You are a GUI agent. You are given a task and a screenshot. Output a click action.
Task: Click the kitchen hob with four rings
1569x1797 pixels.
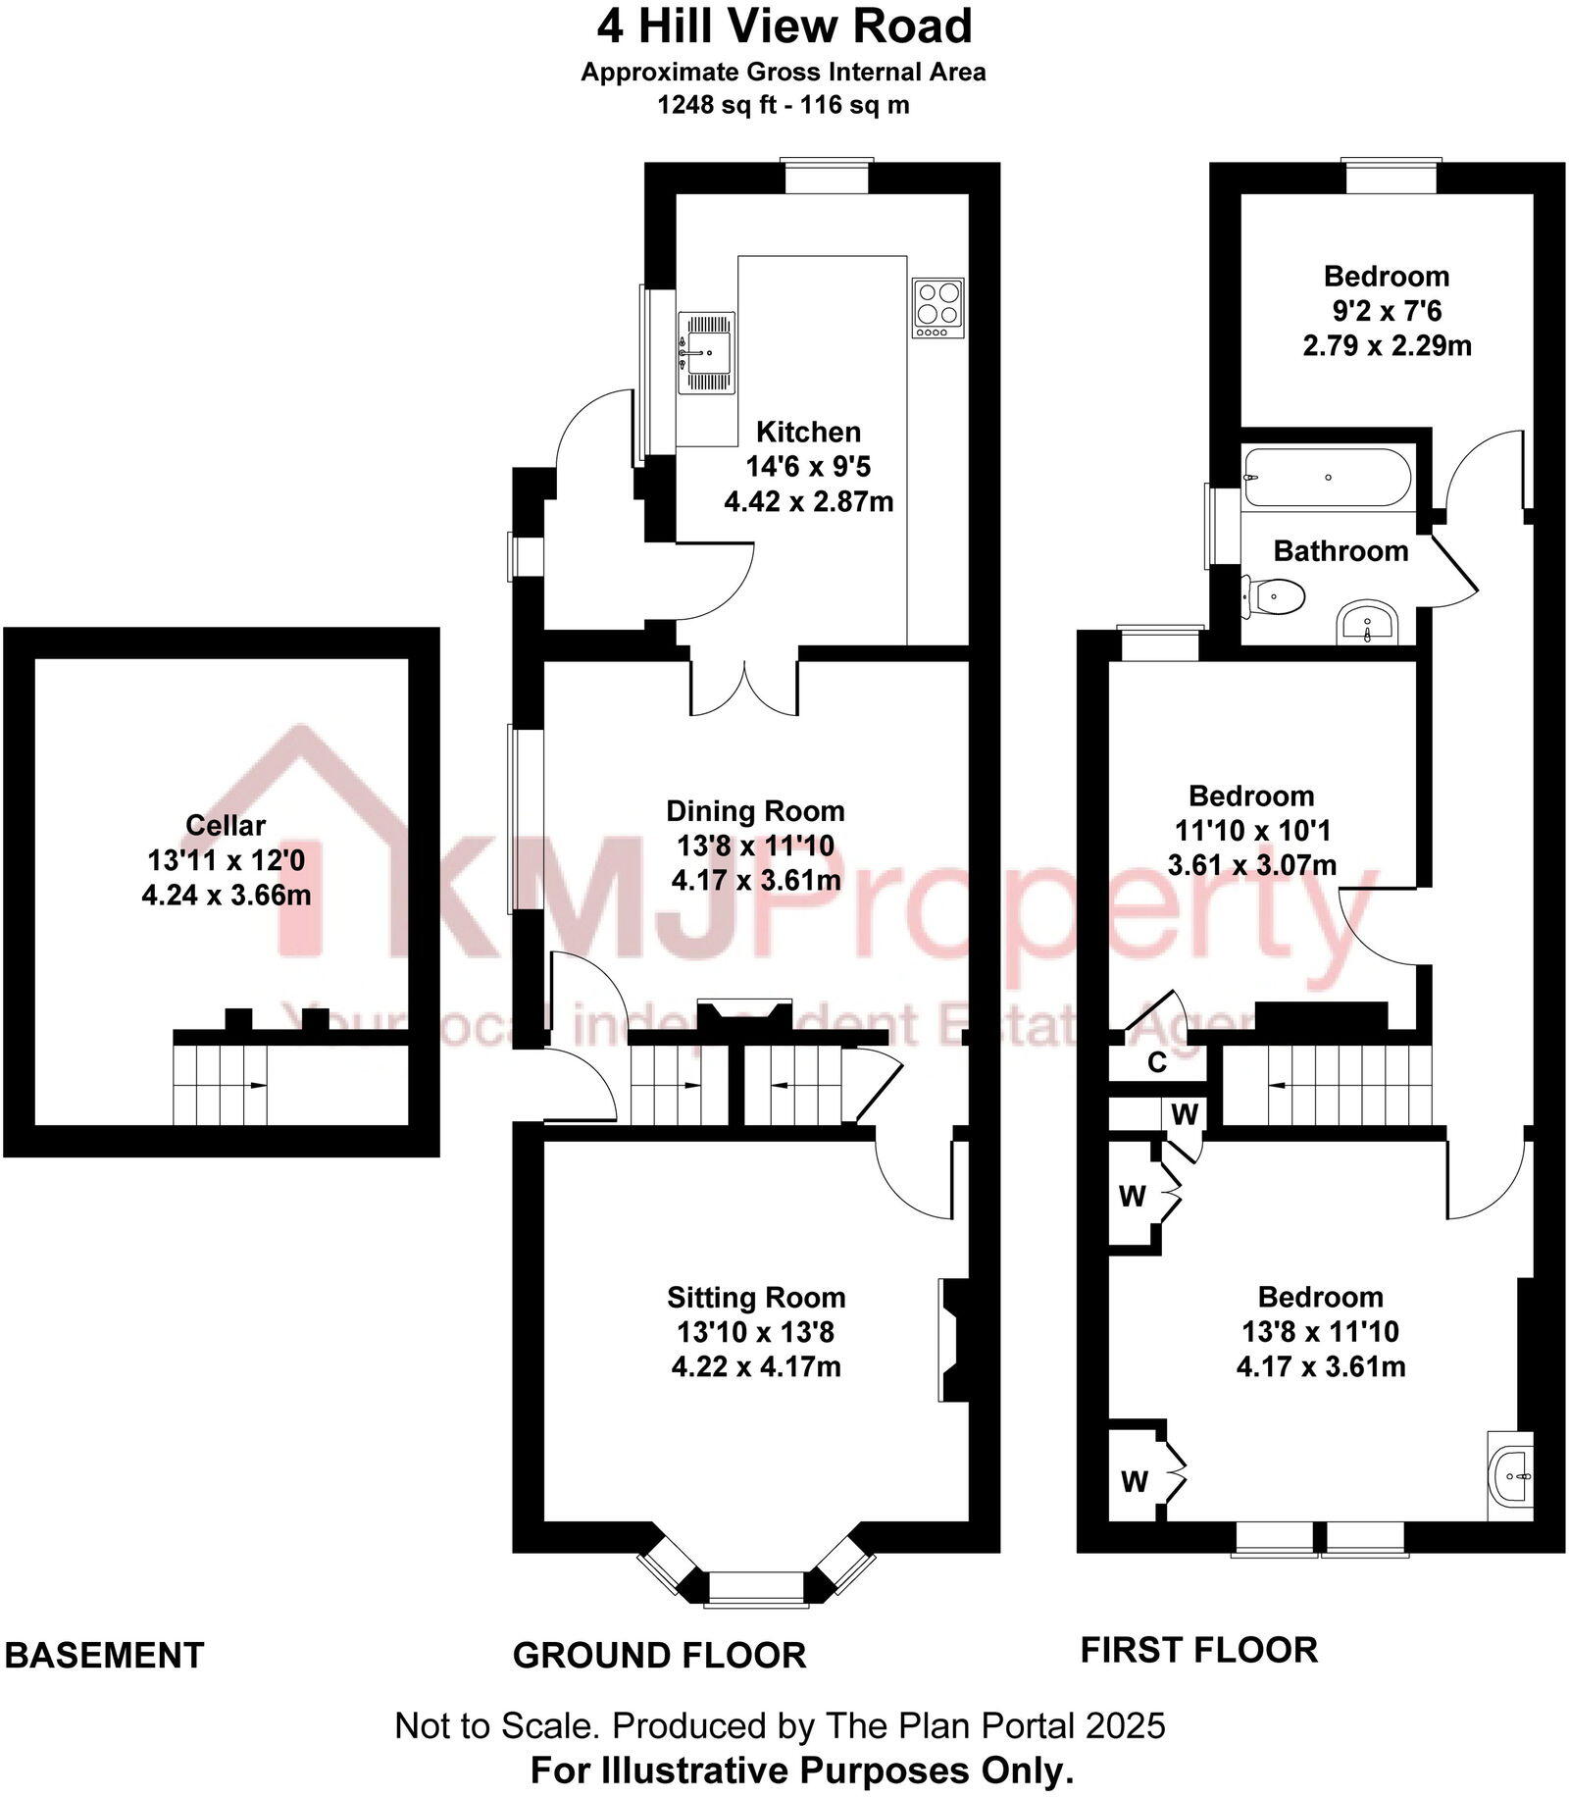pyautogui.click(x=938, y=308)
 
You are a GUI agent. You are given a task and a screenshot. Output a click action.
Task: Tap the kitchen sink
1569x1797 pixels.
pyautogui.click(x=706, y=351)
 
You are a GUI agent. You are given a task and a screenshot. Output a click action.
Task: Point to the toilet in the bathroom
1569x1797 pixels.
pyautogui.click(x=1276, y=594)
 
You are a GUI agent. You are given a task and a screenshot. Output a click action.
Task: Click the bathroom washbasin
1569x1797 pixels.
pyautogui.click(x=1370, y=622)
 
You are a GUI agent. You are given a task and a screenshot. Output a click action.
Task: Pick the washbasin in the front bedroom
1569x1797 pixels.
pyautogui.click(x=1511, y=1475)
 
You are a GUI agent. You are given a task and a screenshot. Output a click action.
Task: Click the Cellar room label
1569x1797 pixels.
pyautogui.click(x=226, y=825)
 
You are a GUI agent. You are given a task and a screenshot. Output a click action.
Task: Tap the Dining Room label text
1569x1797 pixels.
pyautogui.click(x=755, y=811)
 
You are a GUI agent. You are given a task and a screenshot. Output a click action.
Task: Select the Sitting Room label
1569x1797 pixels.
pyautogui.click(x=756, y=1298)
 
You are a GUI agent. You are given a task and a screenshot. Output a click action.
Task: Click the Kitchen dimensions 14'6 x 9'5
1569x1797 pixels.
pyautogui.click(x=808, y=467)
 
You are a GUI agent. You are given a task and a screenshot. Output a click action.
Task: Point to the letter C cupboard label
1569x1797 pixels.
pyautogui.click(x=1157, y=1062)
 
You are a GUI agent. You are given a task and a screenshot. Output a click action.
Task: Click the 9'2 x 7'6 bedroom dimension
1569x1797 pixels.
pyautogui.click(x=1387, y=311)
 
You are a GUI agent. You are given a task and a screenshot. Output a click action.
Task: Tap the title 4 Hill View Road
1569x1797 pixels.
pyautogui.click(x=784, y=26)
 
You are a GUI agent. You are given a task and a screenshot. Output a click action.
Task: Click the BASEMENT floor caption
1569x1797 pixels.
pyautogui.click(x=105, y=1655)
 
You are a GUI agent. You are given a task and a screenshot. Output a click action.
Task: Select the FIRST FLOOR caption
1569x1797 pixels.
pyautogui.click(x=1199, y=1650)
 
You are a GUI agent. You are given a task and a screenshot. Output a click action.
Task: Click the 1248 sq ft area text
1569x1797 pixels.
pyautogui.click(x=717, y=105)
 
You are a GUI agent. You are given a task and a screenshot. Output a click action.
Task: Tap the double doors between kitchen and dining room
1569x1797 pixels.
pyautogui.click(x=745, y=687)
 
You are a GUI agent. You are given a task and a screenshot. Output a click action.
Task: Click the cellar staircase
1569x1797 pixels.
pyautogui.click(x=222, y=1084)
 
